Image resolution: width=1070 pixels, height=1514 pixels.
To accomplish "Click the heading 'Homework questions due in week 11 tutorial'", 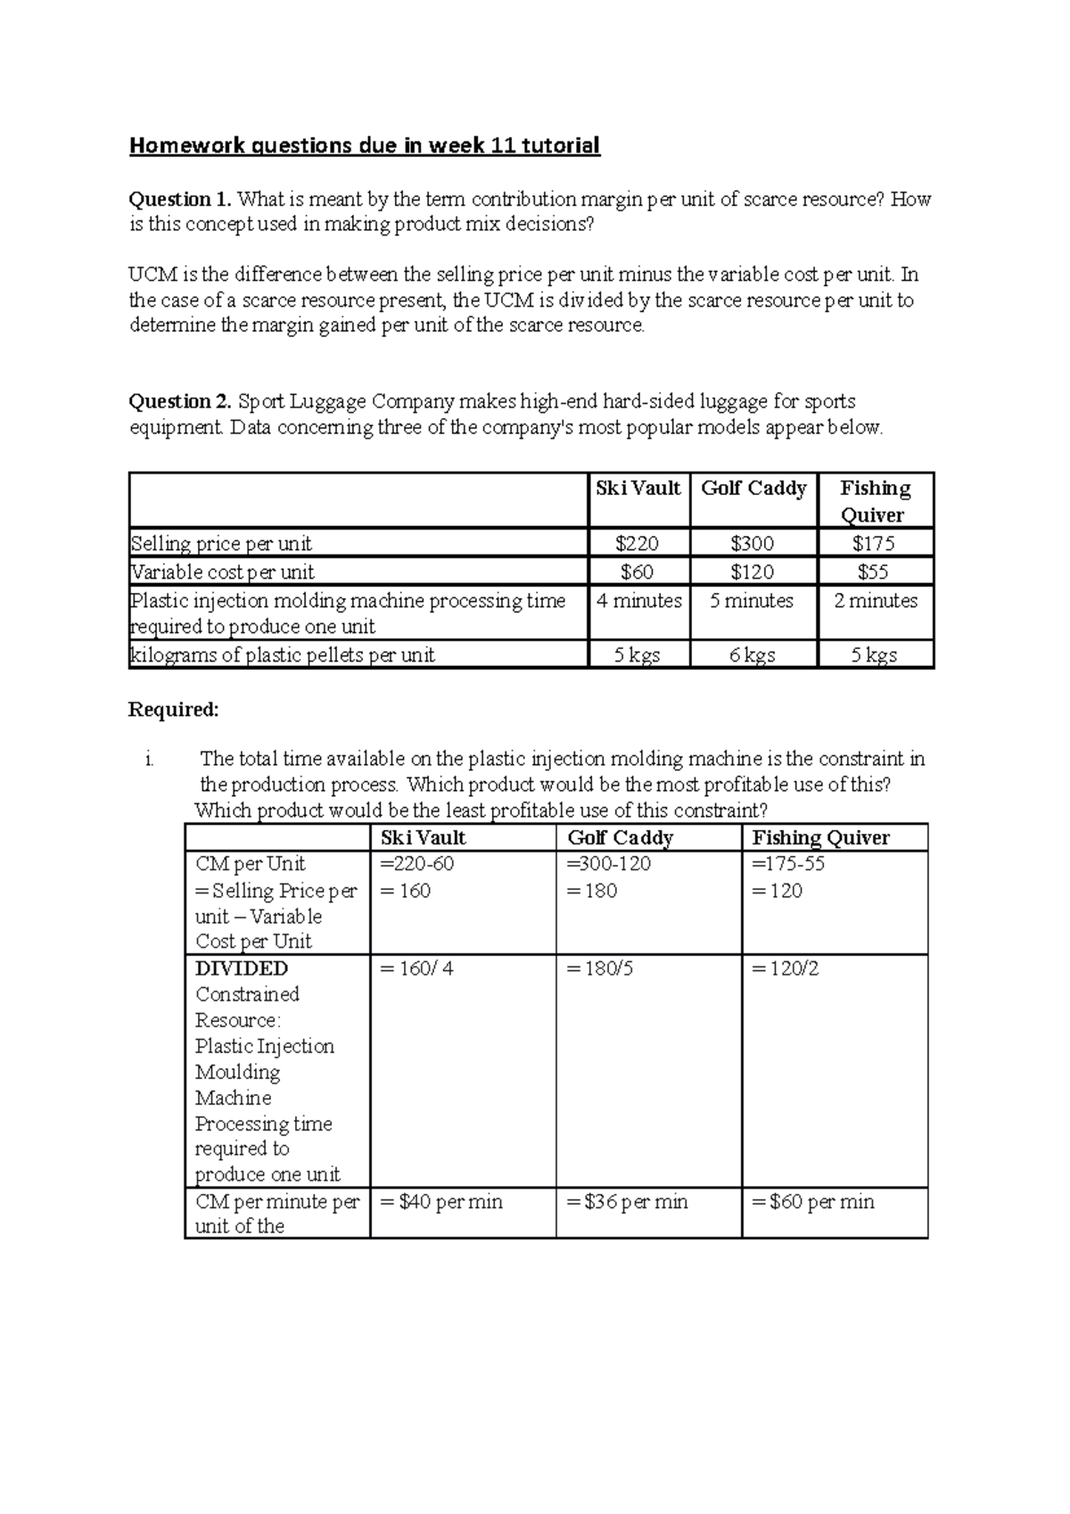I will [364, 145].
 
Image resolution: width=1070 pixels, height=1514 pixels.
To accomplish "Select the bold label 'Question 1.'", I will [179, 199].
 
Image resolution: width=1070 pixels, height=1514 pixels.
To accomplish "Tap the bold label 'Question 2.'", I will [179, 401].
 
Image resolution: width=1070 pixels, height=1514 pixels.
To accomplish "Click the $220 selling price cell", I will [638, 543].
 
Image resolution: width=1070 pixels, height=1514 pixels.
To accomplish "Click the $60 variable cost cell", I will [638, 572].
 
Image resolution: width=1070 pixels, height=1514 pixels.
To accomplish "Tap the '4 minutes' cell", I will [638, 601].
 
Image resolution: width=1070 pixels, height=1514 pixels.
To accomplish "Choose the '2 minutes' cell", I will [875, 601].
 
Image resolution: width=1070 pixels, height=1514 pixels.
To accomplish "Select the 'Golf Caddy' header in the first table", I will [753, 489].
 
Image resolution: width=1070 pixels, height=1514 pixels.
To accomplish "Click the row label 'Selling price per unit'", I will [221, 544].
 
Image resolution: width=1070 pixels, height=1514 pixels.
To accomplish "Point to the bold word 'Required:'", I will [173, 710].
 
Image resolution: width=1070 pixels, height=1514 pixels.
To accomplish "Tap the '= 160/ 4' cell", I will [416, 968].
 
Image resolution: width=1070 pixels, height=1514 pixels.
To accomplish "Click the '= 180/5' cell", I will [600, 968].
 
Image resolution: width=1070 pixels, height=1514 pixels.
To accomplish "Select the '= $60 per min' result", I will [813, 1202].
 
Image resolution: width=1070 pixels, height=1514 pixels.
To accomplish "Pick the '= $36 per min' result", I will [627, 1202].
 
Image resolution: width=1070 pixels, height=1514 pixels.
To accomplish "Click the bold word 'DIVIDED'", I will [241, 968].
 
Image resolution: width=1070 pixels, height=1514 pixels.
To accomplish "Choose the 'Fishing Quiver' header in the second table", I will [820, 837].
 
